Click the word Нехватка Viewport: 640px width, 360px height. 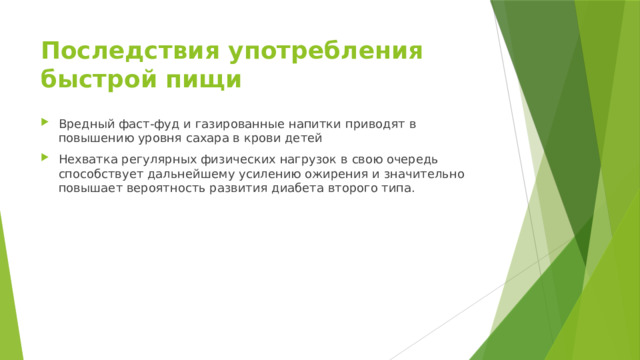[x=89, y=159]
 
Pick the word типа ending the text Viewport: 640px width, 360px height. [x=394, y=189]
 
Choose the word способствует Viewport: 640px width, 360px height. [x=101, y=174]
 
